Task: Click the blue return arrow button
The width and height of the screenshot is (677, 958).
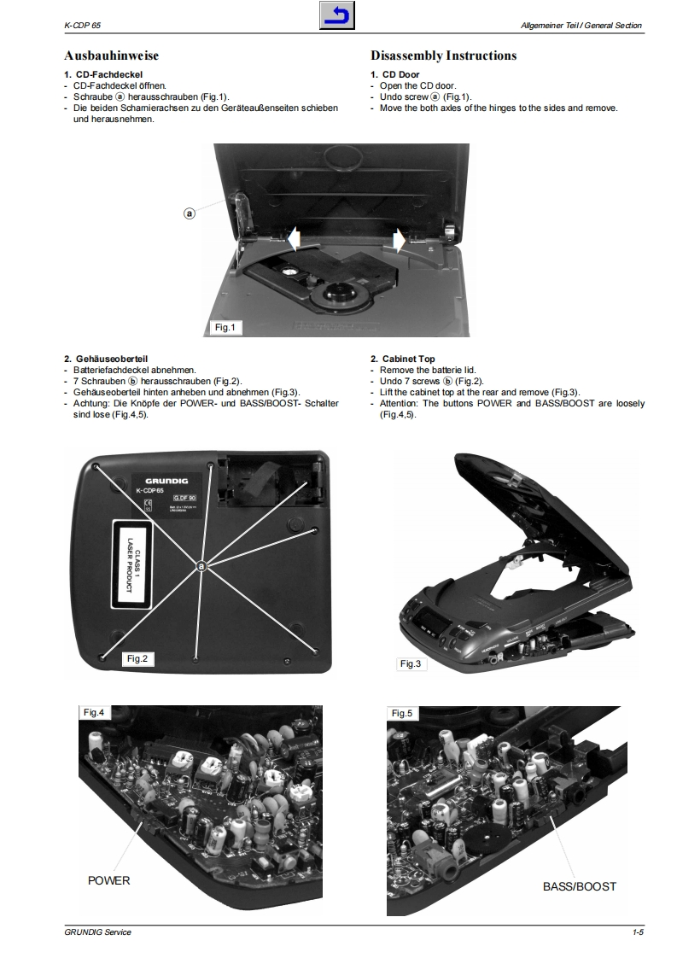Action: pyautogui.click(x=338, y=16)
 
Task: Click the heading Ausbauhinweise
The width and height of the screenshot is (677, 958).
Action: pyautogui.click(x=112, y=55)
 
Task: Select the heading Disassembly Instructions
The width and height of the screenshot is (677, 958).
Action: pyautogui.click(x=443, y=55)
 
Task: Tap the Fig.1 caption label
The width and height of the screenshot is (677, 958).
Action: pyautogui.click(x=226, y=328)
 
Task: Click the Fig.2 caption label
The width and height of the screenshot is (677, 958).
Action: pyautogui.click(x=137, y=658)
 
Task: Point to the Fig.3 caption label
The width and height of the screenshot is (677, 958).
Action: pyautogui.click(x=411, y=663)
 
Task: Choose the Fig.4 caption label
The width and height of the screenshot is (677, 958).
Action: pyautogui.click(x=93, y=712)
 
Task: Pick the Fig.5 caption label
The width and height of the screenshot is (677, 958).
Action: pyautogui.click(x=401, y=713)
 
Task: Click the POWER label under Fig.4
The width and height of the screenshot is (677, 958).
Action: pyautogui.click(x=109, y=880)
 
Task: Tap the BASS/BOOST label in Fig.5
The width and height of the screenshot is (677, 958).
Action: pyautogui.click(x=579, y=886)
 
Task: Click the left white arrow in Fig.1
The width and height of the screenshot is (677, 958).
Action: pyautogui.click(x=291, y=238)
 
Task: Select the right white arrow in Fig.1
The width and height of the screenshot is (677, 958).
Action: pyautogui.click(x=398, y=239)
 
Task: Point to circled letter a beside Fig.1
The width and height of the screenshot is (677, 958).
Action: pyautogui.click(x=190, y=213)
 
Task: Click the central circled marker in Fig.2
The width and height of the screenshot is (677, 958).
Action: pyautogui.click(x=201, y=566)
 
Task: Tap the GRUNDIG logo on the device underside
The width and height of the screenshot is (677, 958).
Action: pyautogui.click(x=167, y=481)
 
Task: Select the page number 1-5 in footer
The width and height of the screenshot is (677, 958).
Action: pyautogui.click(x=638, y=932)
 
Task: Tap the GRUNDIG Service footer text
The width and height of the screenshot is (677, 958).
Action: pyautogui.click(x=97, y=932)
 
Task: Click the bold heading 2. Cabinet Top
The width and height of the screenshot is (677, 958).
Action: pyautogui.click(x=406, y=359)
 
